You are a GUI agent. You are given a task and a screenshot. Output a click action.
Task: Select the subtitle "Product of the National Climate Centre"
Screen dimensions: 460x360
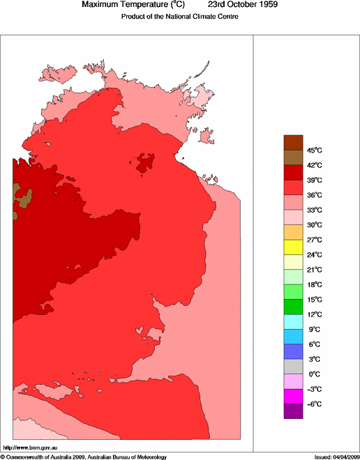180,17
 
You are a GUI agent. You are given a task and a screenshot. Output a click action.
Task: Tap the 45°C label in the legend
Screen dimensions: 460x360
314,151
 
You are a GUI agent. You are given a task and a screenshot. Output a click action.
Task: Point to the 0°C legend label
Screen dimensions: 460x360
314,374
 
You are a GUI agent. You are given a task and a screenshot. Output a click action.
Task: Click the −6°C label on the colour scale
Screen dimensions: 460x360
314,404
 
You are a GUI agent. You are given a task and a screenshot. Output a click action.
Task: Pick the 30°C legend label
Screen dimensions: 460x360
314,225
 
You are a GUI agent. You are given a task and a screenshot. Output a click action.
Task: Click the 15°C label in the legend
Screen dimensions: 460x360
314,300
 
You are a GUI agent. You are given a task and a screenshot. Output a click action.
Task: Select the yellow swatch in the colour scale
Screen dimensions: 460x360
293,247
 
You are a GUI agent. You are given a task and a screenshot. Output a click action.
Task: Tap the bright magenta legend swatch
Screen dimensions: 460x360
293,396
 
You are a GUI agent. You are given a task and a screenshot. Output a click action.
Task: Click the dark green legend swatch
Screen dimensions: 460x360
293,307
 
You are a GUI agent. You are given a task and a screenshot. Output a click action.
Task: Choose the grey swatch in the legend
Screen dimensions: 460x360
293,366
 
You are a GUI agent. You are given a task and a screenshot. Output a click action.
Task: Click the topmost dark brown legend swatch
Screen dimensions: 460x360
293,142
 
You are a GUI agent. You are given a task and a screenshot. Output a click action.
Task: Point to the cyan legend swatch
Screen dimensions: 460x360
293,321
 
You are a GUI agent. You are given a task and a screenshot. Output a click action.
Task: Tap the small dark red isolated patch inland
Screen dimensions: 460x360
146,162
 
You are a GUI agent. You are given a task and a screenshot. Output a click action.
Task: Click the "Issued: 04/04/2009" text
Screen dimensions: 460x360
336,457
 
